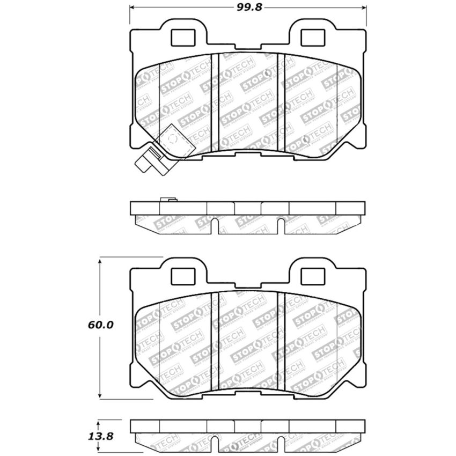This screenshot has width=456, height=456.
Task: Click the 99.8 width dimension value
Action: click(248, 7)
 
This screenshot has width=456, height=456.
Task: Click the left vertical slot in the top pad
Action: click(215, 102)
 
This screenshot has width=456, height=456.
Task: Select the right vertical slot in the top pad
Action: click(281, 102)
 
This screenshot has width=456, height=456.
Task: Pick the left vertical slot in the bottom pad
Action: click(215, 341)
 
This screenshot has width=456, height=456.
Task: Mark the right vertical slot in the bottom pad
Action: click(281, 341)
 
